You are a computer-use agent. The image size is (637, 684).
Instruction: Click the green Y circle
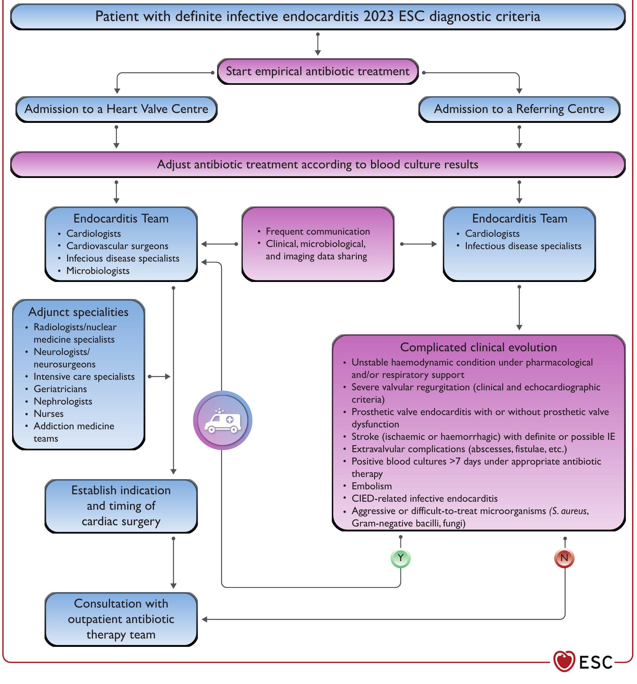pyautogui.click(x=400, y=558)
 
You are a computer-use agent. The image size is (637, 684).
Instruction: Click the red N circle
pyautogui.click(x=564, y=558)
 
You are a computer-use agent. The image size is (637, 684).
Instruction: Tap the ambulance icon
pyautogui.click(x=223, y=420)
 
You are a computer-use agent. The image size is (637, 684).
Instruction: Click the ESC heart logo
pyautogui.click(x=564, y=661)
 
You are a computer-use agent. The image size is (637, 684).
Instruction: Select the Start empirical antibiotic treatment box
pyautogui.click(x=318, y=71)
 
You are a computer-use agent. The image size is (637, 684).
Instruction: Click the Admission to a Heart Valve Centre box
pyautogui.click(x=117, y=109)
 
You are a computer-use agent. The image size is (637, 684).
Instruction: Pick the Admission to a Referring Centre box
pyautogui.click(x=519, y=109)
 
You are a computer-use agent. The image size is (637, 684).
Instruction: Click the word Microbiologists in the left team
pyautogui.click(x=98, y=271)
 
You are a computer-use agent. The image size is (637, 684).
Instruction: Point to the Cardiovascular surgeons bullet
pyautogui.click(x=117, y=246)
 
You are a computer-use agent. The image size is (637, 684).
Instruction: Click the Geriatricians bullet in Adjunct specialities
pyautogui.click(x=60, y=389)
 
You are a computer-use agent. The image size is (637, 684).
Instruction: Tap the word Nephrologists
pyautogui.click(x=63, y=401)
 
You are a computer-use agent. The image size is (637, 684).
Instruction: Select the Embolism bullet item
pyautogui.click(x=371, y=486)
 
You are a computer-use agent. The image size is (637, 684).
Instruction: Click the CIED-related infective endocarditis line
pyautogui.click(x=424, y=499)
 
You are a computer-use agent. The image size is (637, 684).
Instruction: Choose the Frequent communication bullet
pyautogui.click(x=318, y=232)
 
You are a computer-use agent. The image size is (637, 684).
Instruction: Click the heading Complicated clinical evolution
pyautogui.click(x=478, y=347)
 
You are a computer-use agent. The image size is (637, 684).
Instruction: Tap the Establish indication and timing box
pyautogui.click(x=121, y=506)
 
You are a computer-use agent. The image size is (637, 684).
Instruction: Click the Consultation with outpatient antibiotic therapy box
pyautogui.click(x=121, y=619)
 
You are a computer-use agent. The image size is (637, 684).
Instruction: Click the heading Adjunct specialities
pyautogui.click(x=78, y=312)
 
